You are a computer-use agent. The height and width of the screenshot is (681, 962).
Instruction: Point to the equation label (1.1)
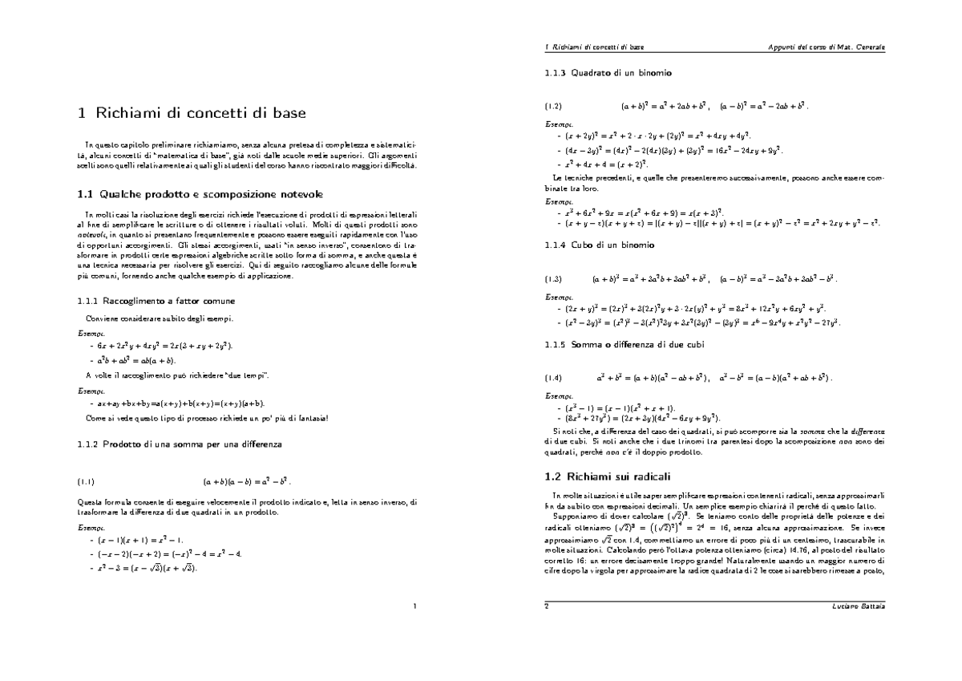(x=86, y=482)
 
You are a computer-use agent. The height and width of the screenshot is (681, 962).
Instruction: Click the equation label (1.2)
(x=553, y=106)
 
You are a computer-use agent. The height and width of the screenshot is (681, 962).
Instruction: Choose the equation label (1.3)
(x=553, y=280)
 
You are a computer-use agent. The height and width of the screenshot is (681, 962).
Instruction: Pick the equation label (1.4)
(x=553, y=376)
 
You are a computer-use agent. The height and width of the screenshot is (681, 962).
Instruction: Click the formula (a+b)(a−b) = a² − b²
(x=247, y=482)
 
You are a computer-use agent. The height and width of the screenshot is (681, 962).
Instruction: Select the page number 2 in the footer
(x=546, y=606)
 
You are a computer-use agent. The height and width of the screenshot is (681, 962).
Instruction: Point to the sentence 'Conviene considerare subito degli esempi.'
(x=154, y=318)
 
